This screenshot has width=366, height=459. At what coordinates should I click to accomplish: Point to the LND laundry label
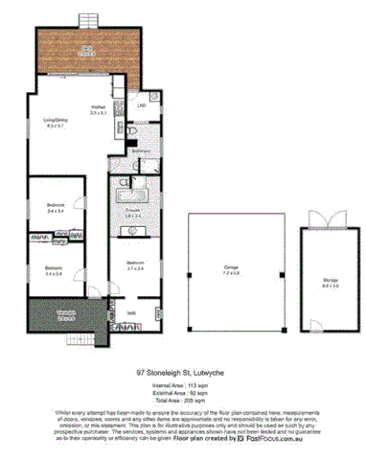point(140,104)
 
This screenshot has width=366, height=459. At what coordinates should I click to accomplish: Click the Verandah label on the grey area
point(65,313)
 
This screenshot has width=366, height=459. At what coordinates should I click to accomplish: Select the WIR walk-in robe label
point(130,311)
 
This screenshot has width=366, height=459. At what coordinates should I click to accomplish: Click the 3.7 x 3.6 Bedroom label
point(133,264)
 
